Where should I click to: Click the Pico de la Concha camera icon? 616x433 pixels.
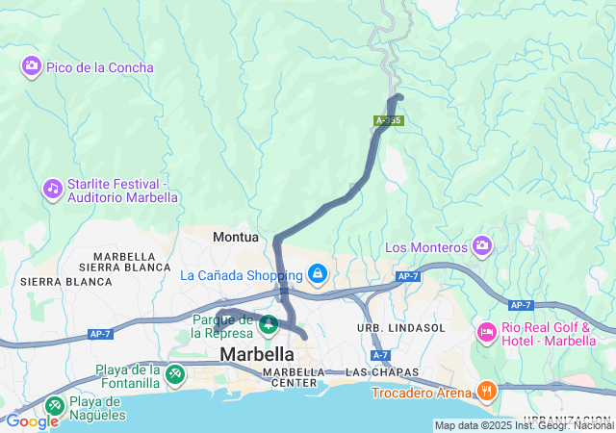pos(32,66)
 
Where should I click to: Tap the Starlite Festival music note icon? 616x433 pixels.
pos(53,188)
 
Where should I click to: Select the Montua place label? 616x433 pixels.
pos(236,236)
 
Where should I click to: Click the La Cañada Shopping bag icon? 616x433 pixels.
pos(317,274)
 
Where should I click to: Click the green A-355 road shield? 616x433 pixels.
pos(389,120)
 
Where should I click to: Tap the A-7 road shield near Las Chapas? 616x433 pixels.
pos(380,355)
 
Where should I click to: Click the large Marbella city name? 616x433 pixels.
pos(257,354)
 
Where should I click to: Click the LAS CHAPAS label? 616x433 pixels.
pos(371,371)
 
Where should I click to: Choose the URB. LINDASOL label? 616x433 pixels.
pos(401,328)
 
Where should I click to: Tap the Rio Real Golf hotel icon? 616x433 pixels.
pos(487,333)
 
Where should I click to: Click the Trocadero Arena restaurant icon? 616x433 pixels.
pos(487,391)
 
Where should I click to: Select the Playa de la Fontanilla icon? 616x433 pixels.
pos(174,373)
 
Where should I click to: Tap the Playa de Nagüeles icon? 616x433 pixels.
pos(54,407)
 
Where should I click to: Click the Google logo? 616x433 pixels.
pos(32,421)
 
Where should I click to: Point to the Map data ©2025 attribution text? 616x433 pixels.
pos(524,425)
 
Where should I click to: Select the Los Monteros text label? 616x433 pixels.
pos(426,247)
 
